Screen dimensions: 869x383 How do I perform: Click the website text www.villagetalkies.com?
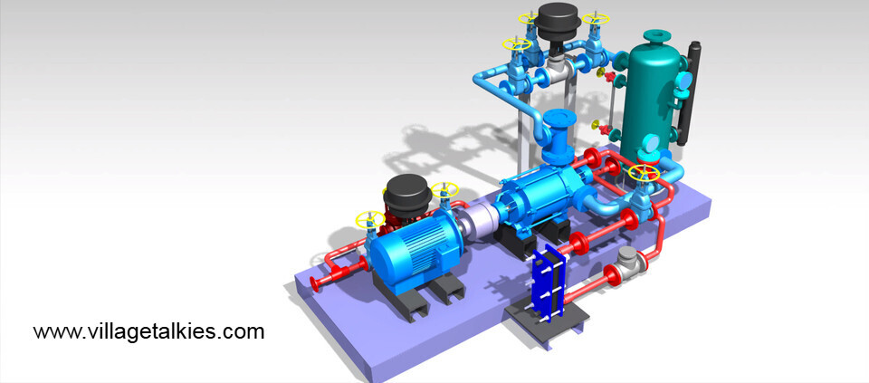coord(148,332)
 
